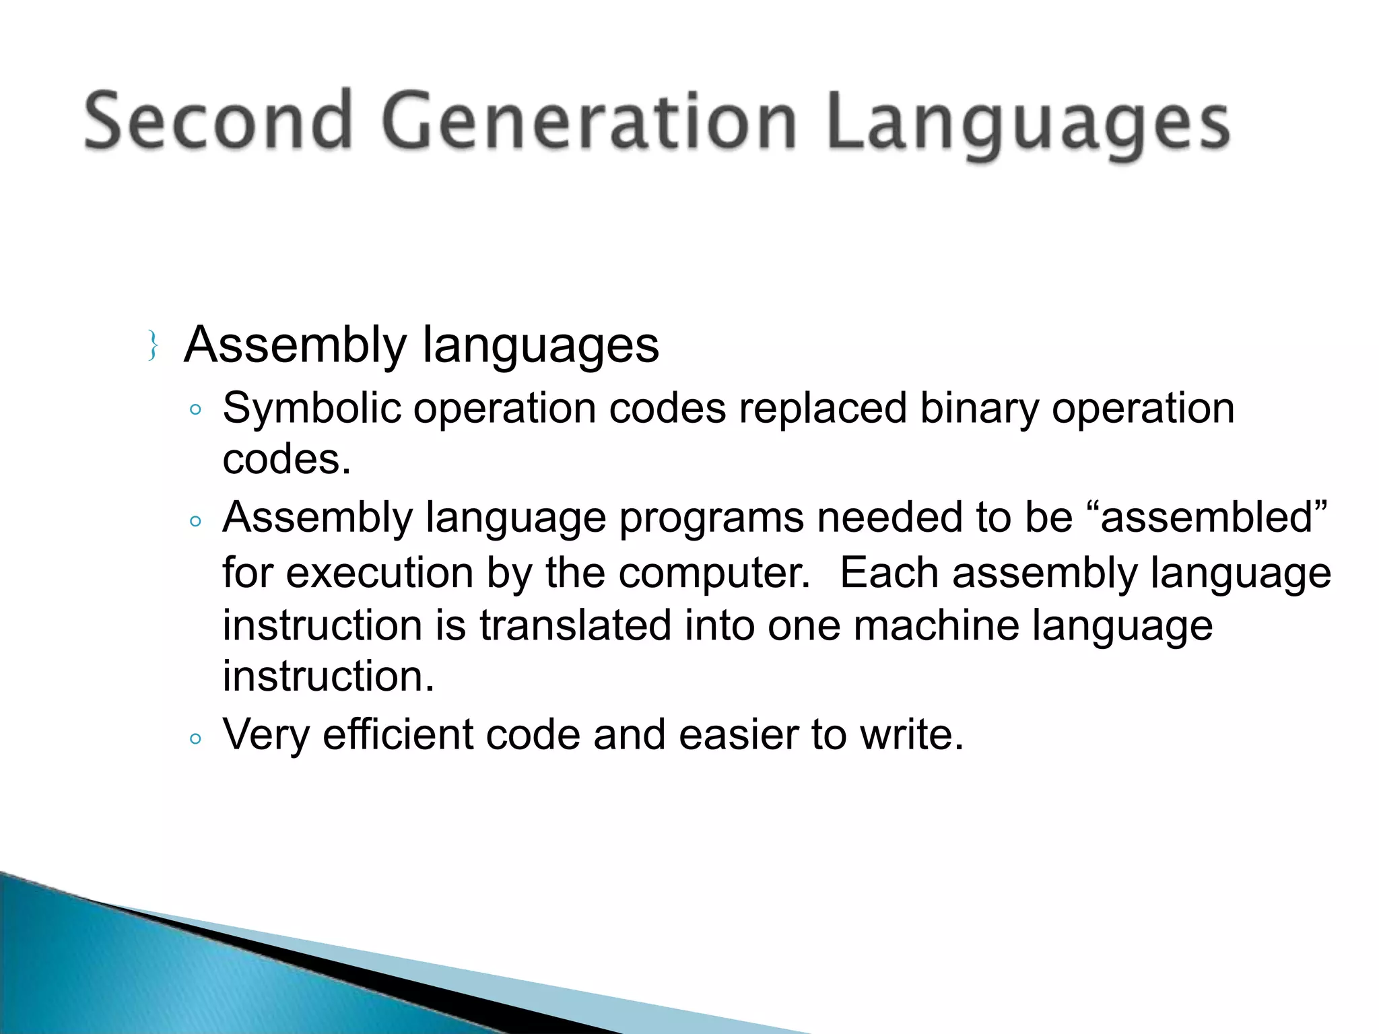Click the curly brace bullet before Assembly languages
(x=153, y=346)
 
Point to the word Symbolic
(x=310, y=409)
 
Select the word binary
(x=979, y=409)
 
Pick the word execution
(x=380, y=573)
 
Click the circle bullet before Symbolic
(x=195, y=410)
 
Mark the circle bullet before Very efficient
(x=195, y=738)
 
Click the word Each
(x=889, y=573)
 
